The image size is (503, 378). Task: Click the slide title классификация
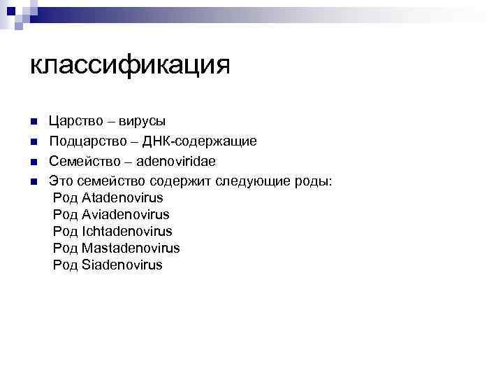pos(131,66)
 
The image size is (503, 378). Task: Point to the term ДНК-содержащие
pos(200,141)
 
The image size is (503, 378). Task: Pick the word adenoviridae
pos(176,162)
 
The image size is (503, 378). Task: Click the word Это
pos(61,181)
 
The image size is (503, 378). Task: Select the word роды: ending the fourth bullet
pos(318,181)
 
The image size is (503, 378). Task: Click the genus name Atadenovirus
pos(122,198)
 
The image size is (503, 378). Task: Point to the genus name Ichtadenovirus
pos(126,232)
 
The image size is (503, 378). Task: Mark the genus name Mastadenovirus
pos(131,248)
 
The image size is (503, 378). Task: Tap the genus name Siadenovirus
pos(122,265)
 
